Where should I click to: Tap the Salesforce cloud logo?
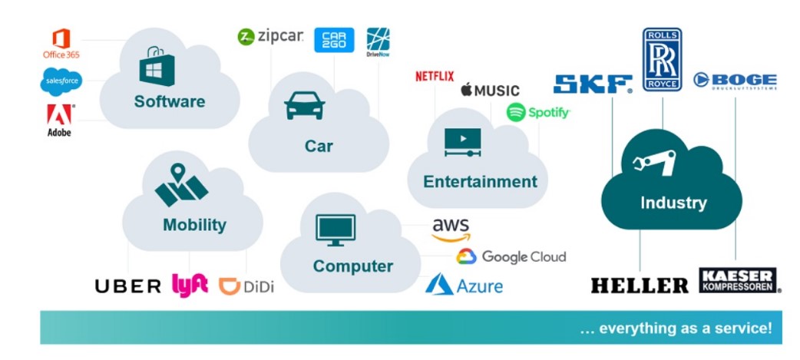[x=61, y=81]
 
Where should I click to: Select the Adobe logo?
[x=60, y=120]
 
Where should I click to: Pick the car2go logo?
[x=334, y=40]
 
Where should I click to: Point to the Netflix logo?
[x=435, y=76]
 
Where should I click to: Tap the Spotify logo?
[x=538, y=113]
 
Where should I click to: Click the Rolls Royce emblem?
[x=662, y=60]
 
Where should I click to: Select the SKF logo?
[x=593, y=84]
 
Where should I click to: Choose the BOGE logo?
[x=735, y=81]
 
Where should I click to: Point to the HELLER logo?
[x=640, y=286]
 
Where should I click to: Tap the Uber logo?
[x=127, y=286]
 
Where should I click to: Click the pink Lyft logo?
[x=190, y=284]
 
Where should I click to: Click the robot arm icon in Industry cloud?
[x=653, y=162]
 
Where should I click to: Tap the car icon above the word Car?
[x=304, y=106]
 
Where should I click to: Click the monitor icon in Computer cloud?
[x=336, y=230]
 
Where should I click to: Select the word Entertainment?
[x=480, y=182]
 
